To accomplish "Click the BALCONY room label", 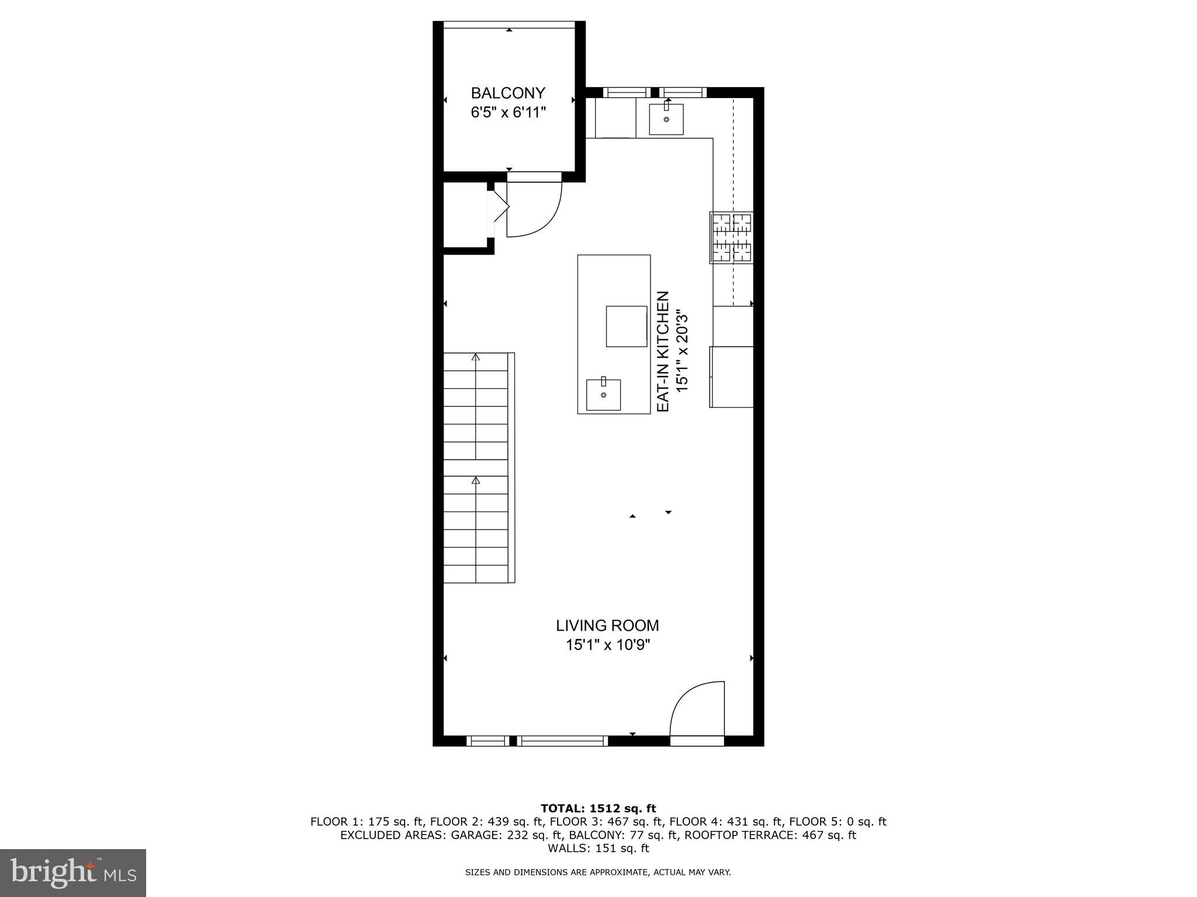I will (508, 93).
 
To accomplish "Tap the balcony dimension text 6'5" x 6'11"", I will (508, 112).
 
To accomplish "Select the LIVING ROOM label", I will (607, 625).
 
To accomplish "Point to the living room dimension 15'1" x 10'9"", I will (607, 645).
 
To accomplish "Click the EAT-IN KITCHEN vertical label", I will (663, 352).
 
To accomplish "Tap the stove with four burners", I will (731, 237).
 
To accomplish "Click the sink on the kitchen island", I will (603, 394).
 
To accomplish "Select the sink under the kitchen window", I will (666, 119).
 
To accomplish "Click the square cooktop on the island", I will (626, 326).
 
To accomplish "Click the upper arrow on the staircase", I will (476, 357).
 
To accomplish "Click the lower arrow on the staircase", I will (476, 481).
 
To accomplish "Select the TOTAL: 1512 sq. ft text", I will (598, 808).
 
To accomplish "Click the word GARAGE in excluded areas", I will (473, 835).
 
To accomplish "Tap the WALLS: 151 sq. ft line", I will (598, 848).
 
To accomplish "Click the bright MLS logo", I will (73, 872).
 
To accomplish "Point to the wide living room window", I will (563, 740).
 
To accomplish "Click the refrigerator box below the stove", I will (732, 377).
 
